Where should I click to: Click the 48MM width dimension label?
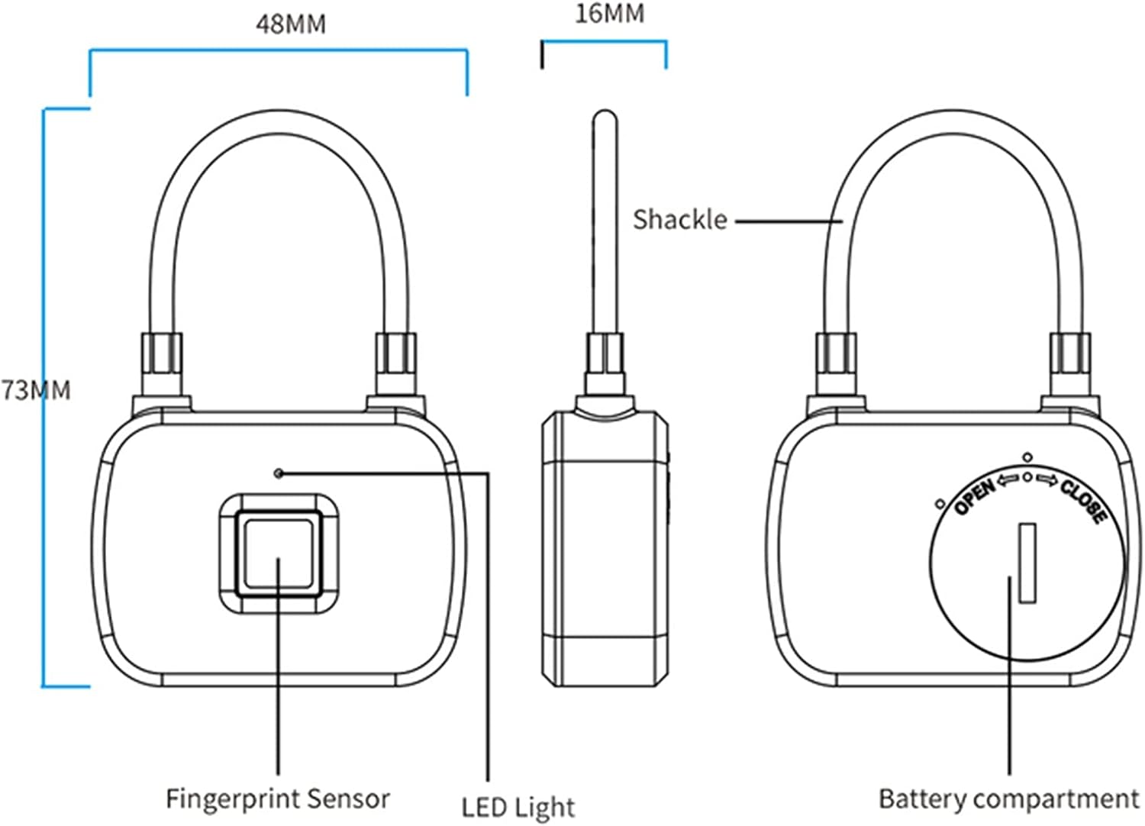pos(290,24)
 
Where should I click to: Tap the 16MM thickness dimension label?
pos(609,14)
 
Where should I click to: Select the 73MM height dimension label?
pos(36,390)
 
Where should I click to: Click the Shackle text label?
pos(679,220)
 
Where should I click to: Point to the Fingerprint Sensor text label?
pos(278,799)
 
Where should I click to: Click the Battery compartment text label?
pos(1008,799)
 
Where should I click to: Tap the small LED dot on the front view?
pos(279,473)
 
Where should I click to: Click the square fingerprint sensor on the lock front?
pos(279,553)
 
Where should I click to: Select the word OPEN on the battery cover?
pos(975,496)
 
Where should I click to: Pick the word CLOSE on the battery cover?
pos(1083,501)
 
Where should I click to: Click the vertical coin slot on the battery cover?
pos(1027,563)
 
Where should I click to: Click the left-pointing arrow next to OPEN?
pos(1008,479)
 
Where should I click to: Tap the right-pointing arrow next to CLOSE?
pos(1047,479)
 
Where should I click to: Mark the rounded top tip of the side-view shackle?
pos(605,117)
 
